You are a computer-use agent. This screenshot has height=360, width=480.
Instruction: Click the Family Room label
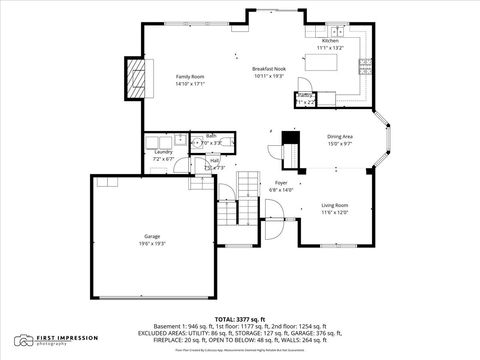click(x=190, y=77)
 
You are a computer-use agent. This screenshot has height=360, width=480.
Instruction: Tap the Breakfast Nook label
click(x=269, y=68)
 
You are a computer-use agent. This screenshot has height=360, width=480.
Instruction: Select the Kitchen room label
click(x=330, y=41)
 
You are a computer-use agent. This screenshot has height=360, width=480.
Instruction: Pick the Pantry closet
click(x=305, y=98)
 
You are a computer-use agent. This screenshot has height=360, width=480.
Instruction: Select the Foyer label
click(x=282, y=183)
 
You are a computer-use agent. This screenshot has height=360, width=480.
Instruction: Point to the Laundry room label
click(x=163, y=151)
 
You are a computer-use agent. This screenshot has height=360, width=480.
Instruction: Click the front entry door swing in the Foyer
click(x=273, y=213)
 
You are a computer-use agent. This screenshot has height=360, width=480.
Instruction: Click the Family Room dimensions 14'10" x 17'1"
click(x=190, y=84)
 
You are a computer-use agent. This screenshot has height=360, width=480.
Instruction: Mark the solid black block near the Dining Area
click(x=290, y=138)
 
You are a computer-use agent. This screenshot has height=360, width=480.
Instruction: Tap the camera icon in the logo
click(x=24, y=340)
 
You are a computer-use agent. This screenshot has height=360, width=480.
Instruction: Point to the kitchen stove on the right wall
click(x=366, y=68)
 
